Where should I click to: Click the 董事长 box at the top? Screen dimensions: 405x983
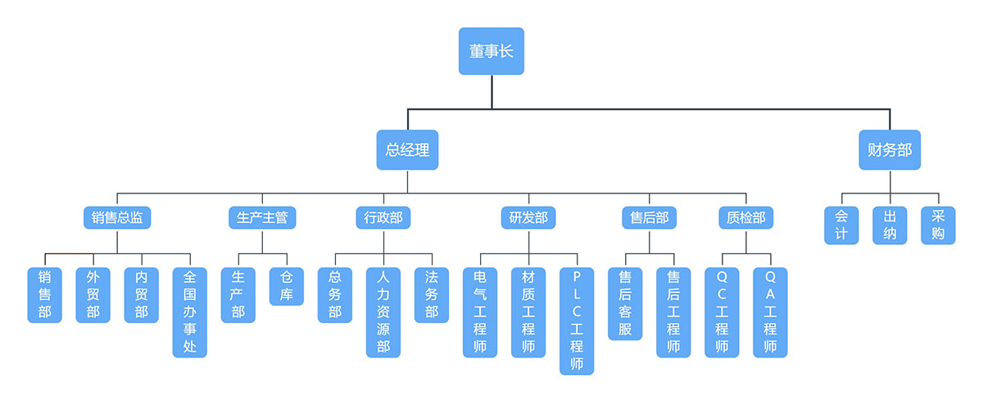(x=491, y=51)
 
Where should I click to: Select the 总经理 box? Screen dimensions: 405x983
(x=407, y=150)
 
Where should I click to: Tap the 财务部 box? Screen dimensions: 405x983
(x=889, y=150)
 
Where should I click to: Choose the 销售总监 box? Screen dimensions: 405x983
(x=117, y=217)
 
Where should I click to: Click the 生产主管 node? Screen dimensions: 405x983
(x=262, y=217)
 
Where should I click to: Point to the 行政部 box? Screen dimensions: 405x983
(x=383, y=217)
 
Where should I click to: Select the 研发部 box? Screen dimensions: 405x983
(x=528, y=217)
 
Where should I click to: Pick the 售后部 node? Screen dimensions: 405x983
(x=650, y=217)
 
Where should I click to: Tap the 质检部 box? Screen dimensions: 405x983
(x=746, y=217)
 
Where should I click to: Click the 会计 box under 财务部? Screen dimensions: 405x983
(x=841, y=225)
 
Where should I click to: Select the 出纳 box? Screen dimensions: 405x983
(x=890, y=225)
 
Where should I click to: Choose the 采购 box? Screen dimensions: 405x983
(x=938, y=225)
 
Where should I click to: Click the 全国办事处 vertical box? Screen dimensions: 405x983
(x=190, y=312)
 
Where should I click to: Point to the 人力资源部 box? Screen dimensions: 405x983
(x=383, y=312)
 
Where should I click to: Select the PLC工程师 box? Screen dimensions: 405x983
(x=577, y=321)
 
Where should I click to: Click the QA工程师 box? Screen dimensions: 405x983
(x=770, y=312)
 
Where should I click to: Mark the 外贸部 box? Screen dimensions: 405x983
(x=93, y=294)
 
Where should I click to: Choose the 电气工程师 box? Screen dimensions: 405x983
(x=480, y=312)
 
